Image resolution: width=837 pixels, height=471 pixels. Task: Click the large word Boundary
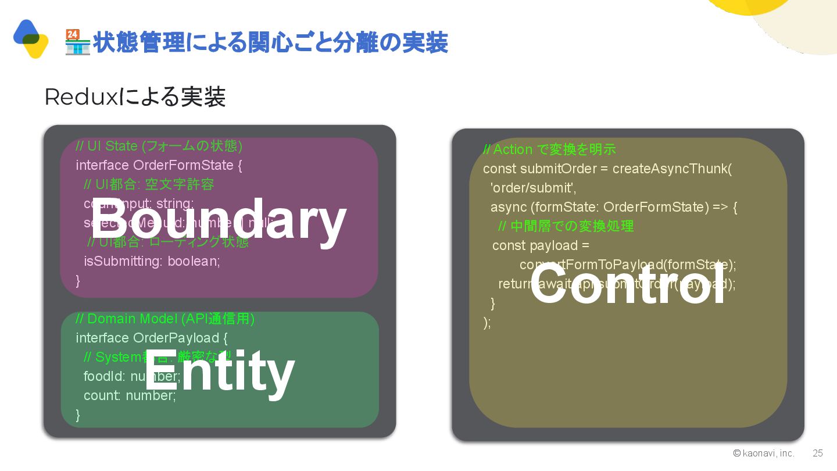[x=219, y=220]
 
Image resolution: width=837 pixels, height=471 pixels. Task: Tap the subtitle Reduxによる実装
[x=135, y=97]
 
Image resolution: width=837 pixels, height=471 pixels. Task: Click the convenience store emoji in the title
[x=77, y=42]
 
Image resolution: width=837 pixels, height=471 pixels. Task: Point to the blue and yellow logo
[x=30, y=38]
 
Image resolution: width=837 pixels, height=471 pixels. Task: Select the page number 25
[x=818, y=453]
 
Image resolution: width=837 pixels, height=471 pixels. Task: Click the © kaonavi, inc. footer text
[x=764, y=453]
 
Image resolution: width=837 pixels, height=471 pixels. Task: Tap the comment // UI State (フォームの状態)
[x=159, y=145]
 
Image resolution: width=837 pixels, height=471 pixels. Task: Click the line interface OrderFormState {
[x=159, y=165]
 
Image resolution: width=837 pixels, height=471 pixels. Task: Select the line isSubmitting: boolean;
[x=152, y=261]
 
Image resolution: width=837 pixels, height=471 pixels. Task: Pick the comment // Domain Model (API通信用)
[x=165, y=319]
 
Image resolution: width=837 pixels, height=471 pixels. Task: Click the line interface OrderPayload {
[x=152, y=338]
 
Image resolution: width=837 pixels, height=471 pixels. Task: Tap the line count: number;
[x=130, y=395]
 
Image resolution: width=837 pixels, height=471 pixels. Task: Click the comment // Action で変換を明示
[x=549, y=149]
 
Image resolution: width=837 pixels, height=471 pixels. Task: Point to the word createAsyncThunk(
[x=672, y=169]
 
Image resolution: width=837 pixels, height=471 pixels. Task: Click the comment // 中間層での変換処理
[x=566, y=226]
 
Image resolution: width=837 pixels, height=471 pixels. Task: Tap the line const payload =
[x=541, y=245]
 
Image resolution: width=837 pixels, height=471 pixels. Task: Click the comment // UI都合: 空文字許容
[x=149, y=184]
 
